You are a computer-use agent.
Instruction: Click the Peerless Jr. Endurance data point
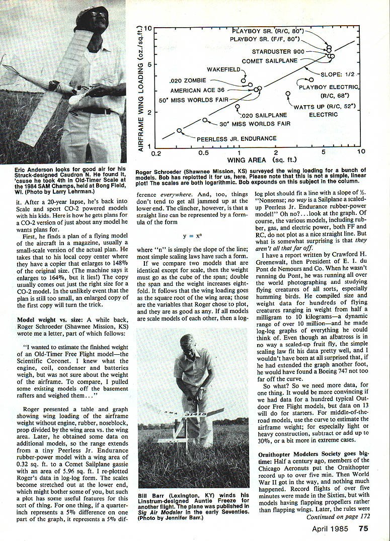(x=179, y=130)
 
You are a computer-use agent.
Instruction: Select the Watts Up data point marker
(x=288, y=94)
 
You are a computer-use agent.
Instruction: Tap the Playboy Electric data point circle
(x=311, y=80)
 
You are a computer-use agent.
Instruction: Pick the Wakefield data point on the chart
(x=244, y=81)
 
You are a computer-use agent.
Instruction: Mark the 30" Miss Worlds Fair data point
(x=204, y=120)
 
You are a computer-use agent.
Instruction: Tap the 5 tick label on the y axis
(x=147, y=65)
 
